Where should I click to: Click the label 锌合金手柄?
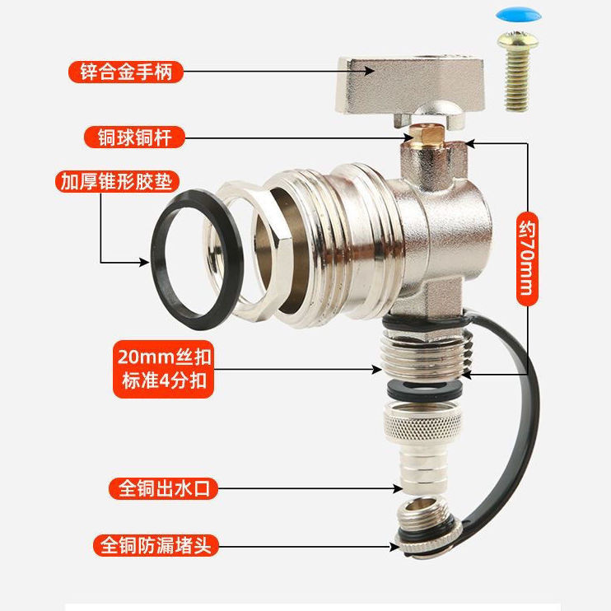coord(125,72)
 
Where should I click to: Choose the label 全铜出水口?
coord(162,489)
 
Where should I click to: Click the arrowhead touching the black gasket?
coord(146,262)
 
